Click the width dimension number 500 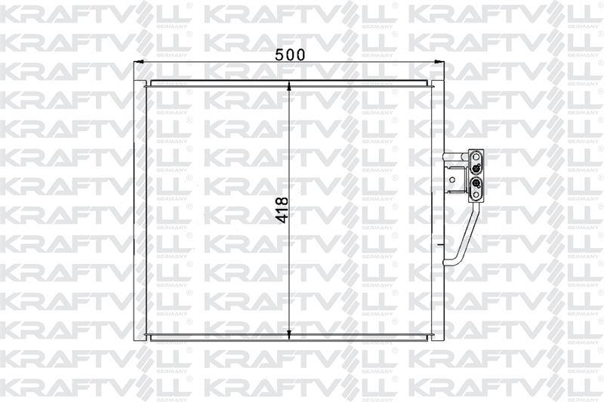pyautogui.click(x=290, y=54)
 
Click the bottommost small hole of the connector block pyautogui.click(x=477, y=195)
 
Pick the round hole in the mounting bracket pyautogui.click(x=453, y=179)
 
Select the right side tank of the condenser pyautogui.click(x=436, y=211)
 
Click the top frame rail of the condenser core pyautogui.click(x=291, y=83)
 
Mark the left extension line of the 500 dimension pyautogui.click(x=134, y=72)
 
